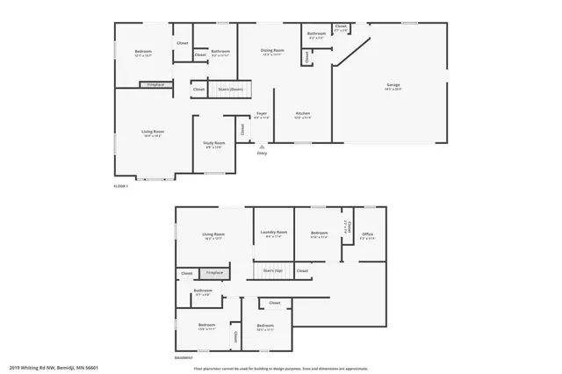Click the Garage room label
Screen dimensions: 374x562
click(x=393, y=86)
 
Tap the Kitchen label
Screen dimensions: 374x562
click(x=303, y=113)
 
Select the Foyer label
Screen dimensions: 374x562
click(x=262, y=114)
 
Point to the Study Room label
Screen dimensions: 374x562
click(x=215, y=142)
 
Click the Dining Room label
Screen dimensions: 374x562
click(x=272, y=51)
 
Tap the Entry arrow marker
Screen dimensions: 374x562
click(x=261, y=146)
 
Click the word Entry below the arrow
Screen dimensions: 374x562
click(x=261, y=154)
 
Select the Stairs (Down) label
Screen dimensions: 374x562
click(x=231, y=90)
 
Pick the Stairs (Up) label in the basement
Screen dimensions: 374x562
click(x=273, y=270)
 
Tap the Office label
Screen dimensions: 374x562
click(x=368, y=234)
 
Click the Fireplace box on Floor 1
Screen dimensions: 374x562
click(x=155, y=84)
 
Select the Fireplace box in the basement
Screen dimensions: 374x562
click(x=214, y=273)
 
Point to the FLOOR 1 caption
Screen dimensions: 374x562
click(x=121, y=186)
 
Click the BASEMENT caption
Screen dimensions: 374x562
click(x=184, y=357)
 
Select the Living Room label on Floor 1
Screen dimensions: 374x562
click(x=153, y=133)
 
